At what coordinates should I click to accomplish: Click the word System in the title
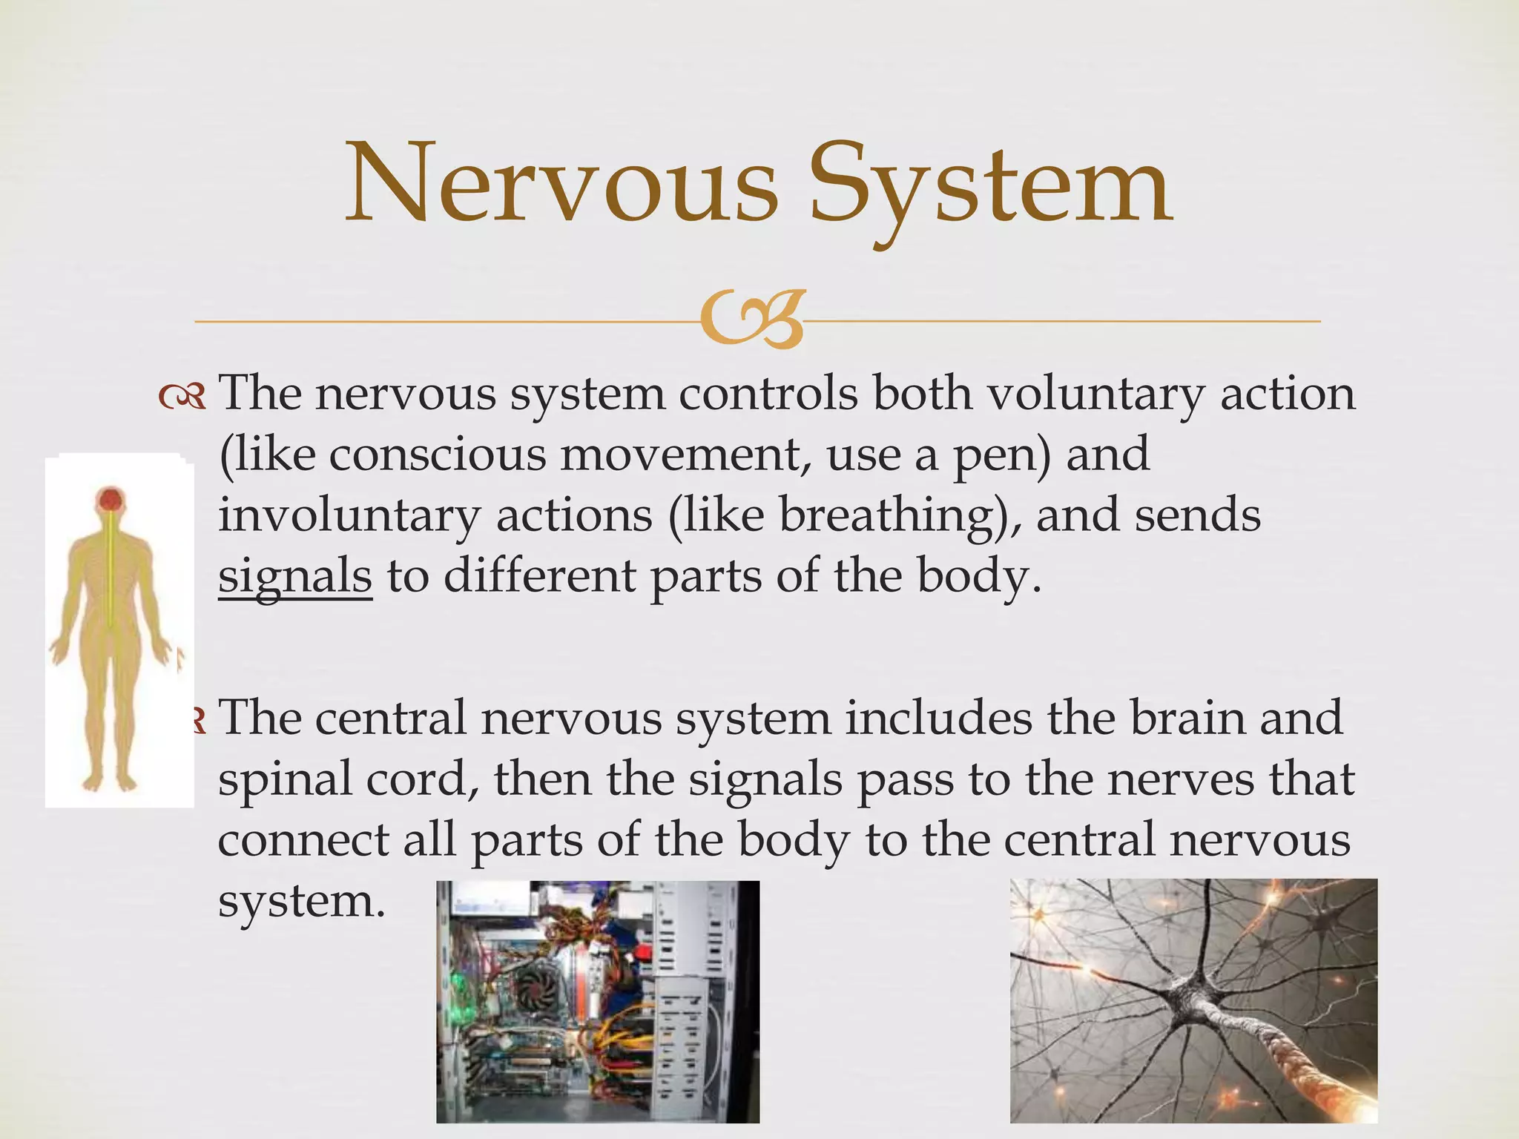coord(991,185)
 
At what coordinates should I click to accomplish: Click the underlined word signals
coord(294,577)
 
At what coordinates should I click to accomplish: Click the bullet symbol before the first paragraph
coord(182,399)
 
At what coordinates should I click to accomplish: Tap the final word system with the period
coord(301,902)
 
